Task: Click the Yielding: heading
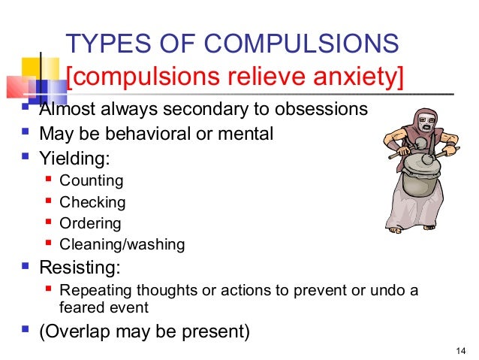pyautogui.click(x=74, y=159)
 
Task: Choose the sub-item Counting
pyautogui.click(x=91, y=180)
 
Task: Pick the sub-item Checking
pyautogui.click(x=92, y=202)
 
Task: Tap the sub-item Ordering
pyautogui.click(x=90, y=223)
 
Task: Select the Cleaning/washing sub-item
pyautogui.click(x=122, y=244)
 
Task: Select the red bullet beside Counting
pyautogui.click(x=49, y=180)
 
